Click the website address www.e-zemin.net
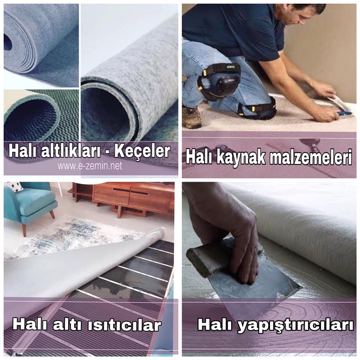(90, 166)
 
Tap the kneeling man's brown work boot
(192, 117)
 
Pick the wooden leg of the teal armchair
(24, 229)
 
